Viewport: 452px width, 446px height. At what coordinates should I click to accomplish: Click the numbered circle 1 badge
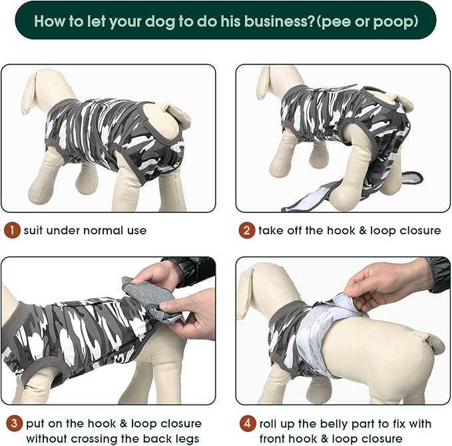pos(12,231)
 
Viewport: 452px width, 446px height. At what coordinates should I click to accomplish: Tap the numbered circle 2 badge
pos(248,231)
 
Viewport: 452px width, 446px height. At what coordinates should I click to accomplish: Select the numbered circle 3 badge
pos(12,423)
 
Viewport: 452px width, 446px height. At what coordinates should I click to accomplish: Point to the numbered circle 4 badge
pos(248,423)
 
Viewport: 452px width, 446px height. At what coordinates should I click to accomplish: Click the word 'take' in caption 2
pos(273,231)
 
